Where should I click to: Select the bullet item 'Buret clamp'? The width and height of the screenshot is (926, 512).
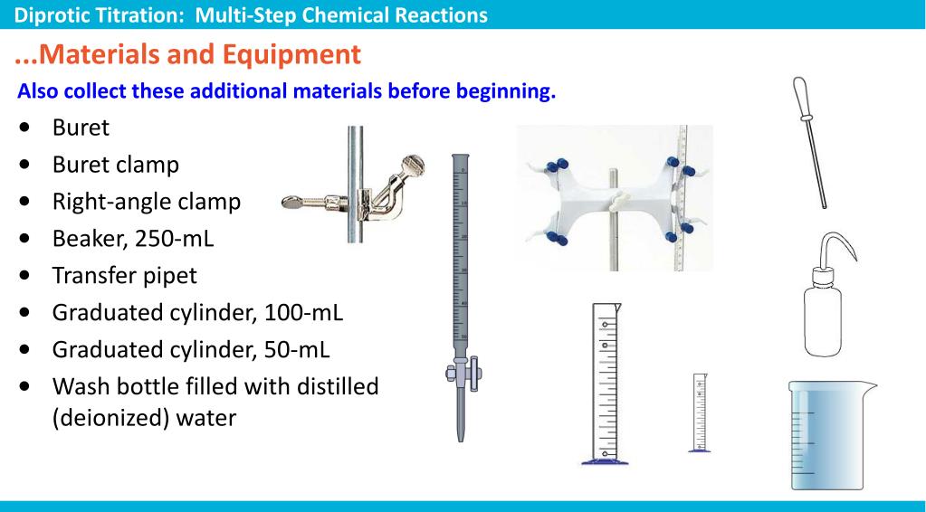tap(115, 165)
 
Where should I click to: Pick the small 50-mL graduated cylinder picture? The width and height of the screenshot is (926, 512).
tap(700, 412)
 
